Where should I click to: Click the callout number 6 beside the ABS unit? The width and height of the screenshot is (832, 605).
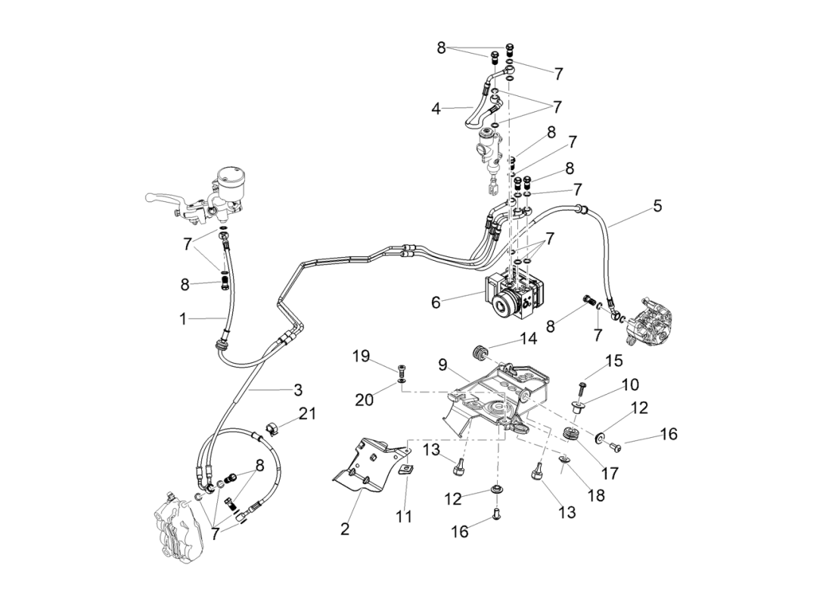coord(435,302)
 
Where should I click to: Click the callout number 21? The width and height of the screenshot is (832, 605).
coord(308,414)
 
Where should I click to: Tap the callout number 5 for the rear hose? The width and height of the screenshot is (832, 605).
coord(657,206)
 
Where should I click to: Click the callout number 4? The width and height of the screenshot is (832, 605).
coord(436,108)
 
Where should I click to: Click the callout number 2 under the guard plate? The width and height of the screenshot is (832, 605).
coord(345,529)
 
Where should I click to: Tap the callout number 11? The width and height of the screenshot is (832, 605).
coord(405,517)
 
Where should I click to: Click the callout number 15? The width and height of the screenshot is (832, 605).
coord(613,360)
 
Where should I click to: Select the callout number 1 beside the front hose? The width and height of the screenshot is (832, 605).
coord(182,319)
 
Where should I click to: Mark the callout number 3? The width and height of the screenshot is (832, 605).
coord(298,389)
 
